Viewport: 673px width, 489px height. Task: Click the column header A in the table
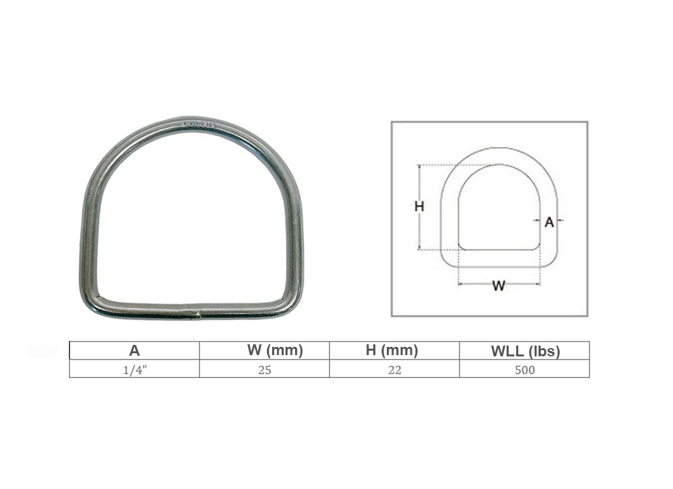pyautogui.click(x=134, y=351)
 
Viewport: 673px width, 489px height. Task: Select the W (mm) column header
pyautogui.click(x=275, y=350)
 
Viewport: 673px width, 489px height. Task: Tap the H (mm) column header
pyautogui.click(x=392, y=350)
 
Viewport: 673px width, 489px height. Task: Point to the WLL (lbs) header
pyautogui.click(x=525, y=351)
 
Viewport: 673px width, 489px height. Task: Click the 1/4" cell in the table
pyautogui.click(x=135, y=370)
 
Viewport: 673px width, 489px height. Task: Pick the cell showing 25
pyautogui.click(x=265, y=370)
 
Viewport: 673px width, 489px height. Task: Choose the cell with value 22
pyautogui.click(x=395, y=370)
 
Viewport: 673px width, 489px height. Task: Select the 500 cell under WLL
pyautogui.click(x=525, y=370)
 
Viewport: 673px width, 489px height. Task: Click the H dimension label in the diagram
pyautogui.click(x=419, y=207)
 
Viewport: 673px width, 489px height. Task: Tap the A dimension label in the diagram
pyautogui.click(x=549, y=223)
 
